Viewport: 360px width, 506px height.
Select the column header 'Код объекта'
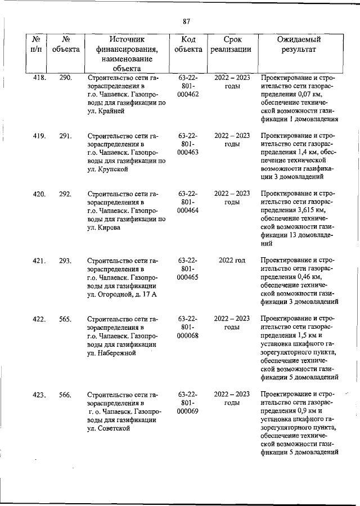pos(188,44)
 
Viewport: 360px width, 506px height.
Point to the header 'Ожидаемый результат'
pos(299,44)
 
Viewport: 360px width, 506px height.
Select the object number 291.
pos(65,136)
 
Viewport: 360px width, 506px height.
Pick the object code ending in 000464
pos(187,210)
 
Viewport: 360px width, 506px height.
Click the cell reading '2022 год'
pos(232,261)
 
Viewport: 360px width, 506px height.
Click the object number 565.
pos(65,319)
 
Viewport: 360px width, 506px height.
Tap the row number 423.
pos(39,395)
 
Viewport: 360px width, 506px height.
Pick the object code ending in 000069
pos(187,411)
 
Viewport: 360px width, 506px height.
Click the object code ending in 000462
pos(187,93)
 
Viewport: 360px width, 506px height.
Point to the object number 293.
pos(65,261)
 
